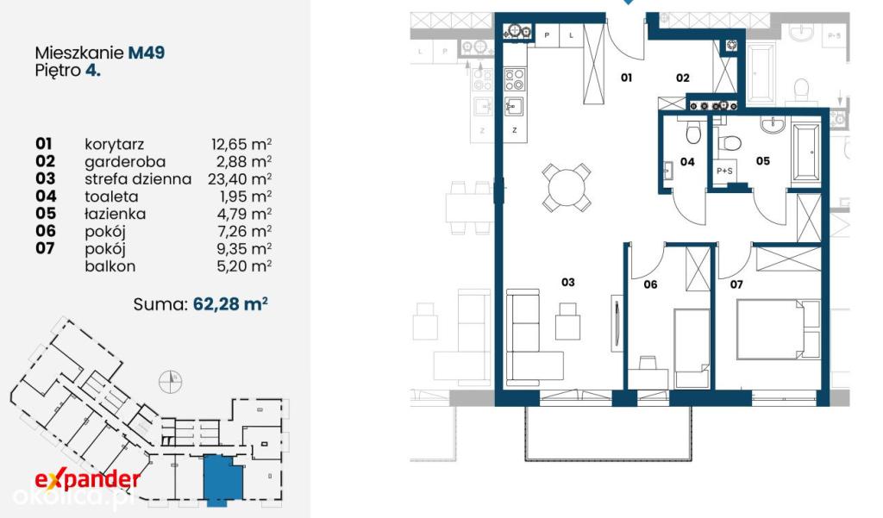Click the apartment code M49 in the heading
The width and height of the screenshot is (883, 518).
147,53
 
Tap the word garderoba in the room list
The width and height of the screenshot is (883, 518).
125,162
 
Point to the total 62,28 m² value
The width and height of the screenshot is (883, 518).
229,304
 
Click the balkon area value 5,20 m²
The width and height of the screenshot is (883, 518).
244,265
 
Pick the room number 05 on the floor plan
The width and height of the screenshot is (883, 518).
762,161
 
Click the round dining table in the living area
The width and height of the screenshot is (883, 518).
567,188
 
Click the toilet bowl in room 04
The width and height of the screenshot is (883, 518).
693,133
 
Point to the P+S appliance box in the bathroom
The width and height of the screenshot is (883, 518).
724,171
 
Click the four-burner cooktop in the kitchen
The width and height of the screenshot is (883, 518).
515,79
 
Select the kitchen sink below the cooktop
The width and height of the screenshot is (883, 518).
514,106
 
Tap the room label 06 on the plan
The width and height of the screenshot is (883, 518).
650,284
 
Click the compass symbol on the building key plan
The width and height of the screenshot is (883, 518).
170,382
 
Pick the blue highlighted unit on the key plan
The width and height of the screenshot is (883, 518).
223,477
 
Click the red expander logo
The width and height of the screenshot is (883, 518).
87,479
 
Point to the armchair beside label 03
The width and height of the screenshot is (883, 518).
567,321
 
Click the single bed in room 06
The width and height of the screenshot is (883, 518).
692,347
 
